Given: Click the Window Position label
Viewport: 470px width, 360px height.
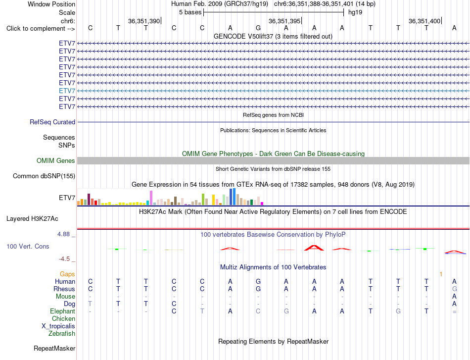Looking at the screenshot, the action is pyautogui.click(x=51, y=4).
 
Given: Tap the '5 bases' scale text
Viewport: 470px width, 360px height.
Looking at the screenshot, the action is pyautogui.click(x=190, y=12).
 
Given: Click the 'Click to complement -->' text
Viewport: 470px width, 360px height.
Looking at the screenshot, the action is pyautogui.click(x=41, y=29).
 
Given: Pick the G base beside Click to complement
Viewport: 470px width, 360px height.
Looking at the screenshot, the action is pyautogui.click(x=258, y=28).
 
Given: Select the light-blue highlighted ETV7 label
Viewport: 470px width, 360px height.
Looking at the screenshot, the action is pyautogui.click(x=67, y=91).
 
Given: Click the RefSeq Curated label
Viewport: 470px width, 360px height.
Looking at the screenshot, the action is pyautogui.click(x=52, y=122).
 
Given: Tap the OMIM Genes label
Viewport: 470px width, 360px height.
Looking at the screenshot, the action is pyautogui.click(x=56, y=160).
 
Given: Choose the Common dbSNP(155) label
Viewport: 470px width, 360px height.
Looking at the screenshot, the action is pyautogui.click(x=44, y=176).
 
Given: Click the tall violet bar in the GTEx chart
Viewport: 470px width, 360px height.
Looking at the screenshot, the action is pyautogui.click(x=151, y=198).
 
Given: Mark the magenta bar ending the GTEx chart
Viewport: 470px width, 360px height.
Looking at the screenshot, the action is pyautogui.click(x=262, y=204).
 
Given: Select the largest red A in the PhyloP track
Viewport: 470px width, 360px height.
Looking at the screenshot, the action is pyautogui.click(x=314, y=248).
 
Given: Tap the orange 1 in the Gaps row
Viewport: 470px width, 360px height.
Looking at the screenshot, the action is pyautogui.click(x=441, y=274).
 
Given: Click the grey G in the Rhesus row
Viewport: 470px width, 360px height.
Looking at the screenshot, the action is pyautogui.click(x=454, y=289).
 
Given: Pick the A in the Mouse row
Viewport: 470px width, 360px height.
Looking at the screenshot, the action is pyautogui.click(x=454, y=297).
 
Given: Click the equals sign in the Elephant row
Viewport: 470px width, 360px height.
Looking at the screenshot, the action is pyautogui.click(x=454, y=311).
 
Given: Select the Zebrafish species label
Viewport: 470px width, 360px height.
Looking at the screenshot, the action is pyautogui.click(x=62, y=333).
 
